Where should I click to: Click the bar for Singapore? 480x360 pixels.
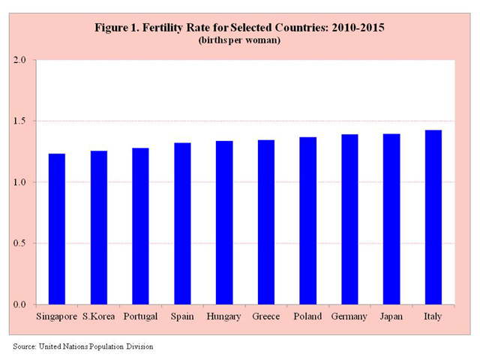point(57,229)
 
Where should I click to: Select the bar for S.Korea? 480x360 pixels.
point(99,227)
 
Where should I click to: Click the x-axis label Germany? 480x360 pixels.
point(349,317)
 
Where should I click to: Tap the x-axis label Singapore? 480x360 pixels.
point(57,317)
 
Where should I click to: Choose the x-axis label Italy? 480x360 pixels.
point(433,317)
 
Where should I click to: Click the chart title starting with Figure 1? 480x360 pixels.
point(239,28)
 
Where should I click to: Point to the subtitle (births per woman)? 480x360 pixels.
point(239,40)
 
